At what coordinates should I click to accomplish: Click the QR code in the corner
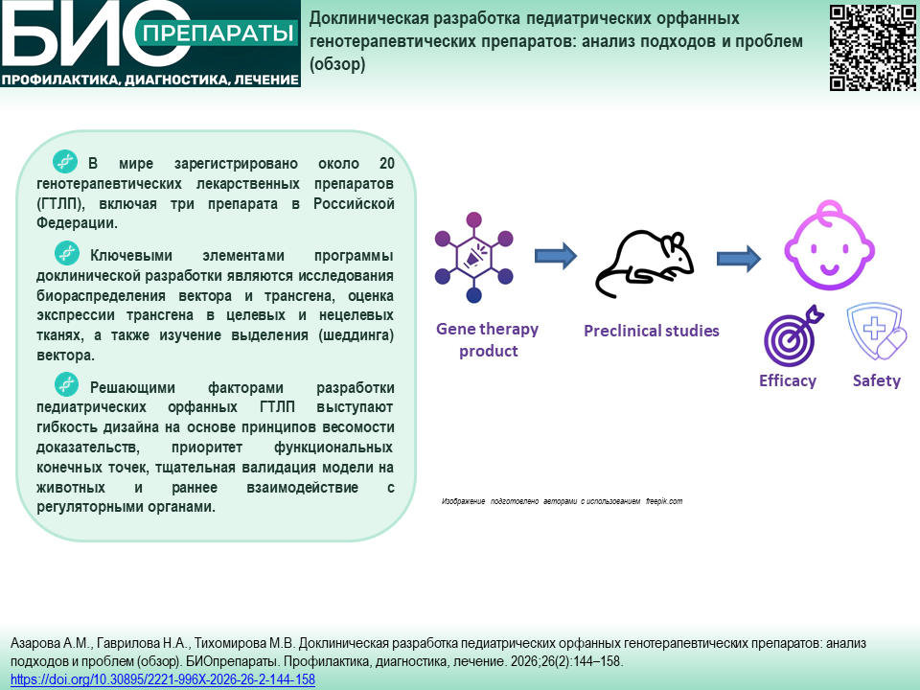click(872, 48)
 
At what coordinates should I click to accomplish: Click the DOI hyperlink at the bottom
click(163, 679)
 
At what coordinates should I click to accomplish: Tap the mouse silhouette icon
click(645, 264)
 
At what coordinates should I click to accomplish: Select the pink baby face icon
click(830, 245)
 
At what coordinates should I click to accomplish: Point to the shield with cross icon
click(877, 331)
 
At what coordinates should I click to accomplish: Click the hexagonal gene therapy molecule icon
click(474, 258)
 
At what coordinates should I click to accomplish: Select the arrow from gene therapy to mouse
click(556, 256)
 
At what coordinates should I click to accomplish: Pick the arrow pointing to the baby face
click(739, 258)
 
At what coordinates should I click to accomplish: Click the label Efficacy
click(788, 380)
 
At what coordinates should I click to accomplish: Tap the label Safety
click(877, 380)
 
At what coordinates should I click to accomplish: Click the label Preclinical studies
click(652, 331)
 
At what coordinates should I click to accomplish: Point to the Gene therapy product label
click(488, 339)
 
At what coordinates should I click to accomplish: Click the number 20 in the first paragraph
click(386, 163)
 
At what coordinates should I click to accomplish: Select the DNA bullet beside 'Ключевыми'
click(67, 253)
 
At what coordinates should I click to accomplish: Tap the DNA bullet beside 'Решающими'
click(67, 384)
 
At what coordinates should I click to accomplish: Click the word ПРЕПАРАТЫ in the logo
click(218, 33)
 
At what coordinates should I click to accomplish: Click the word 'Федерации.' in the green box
click(77, 223)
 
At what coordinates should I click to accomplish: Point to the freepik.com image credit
click(664, 501)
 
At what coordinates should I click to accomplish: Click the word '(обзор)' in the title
click(337, 64)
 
